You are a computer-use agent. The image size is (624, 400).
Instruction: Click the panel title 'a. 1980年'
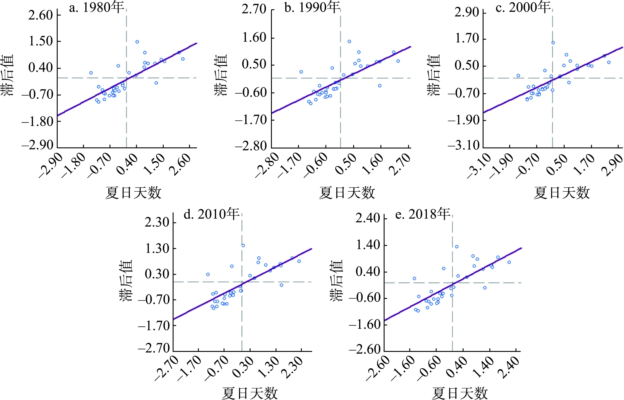(96, 8)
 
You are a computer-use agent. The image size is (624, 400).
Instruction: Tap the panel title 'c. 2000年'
(523, 8)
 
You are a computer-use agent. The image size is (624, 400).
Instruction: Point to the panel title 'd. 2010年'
(211, 215)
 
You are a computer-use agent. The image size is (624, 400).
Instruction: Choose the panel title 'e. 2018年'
(422, 215)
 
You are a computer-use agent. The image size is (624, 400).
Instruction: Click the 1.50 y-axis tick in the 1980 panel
(41, 41)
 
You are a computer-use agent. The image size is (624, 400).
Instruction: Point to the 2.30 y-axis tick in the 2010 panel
(157, 223)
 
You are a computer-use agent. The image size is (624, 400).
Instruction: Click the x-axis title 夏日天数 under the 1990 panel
(347, 193)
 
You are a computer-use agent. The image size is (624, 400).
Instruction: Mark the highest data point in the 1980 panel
(137, 42)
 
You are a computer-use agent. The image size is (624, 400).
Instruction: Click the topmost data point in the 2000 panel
(553, 43)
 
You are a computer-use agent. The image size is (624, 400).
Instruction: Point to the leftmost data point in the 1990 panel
(301, 72)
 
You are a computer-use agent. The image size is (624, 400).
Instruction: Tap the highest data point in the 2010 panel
(243, 245)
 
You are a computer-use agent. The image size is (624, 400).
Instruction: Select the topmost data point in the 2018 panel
(457, 247)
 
